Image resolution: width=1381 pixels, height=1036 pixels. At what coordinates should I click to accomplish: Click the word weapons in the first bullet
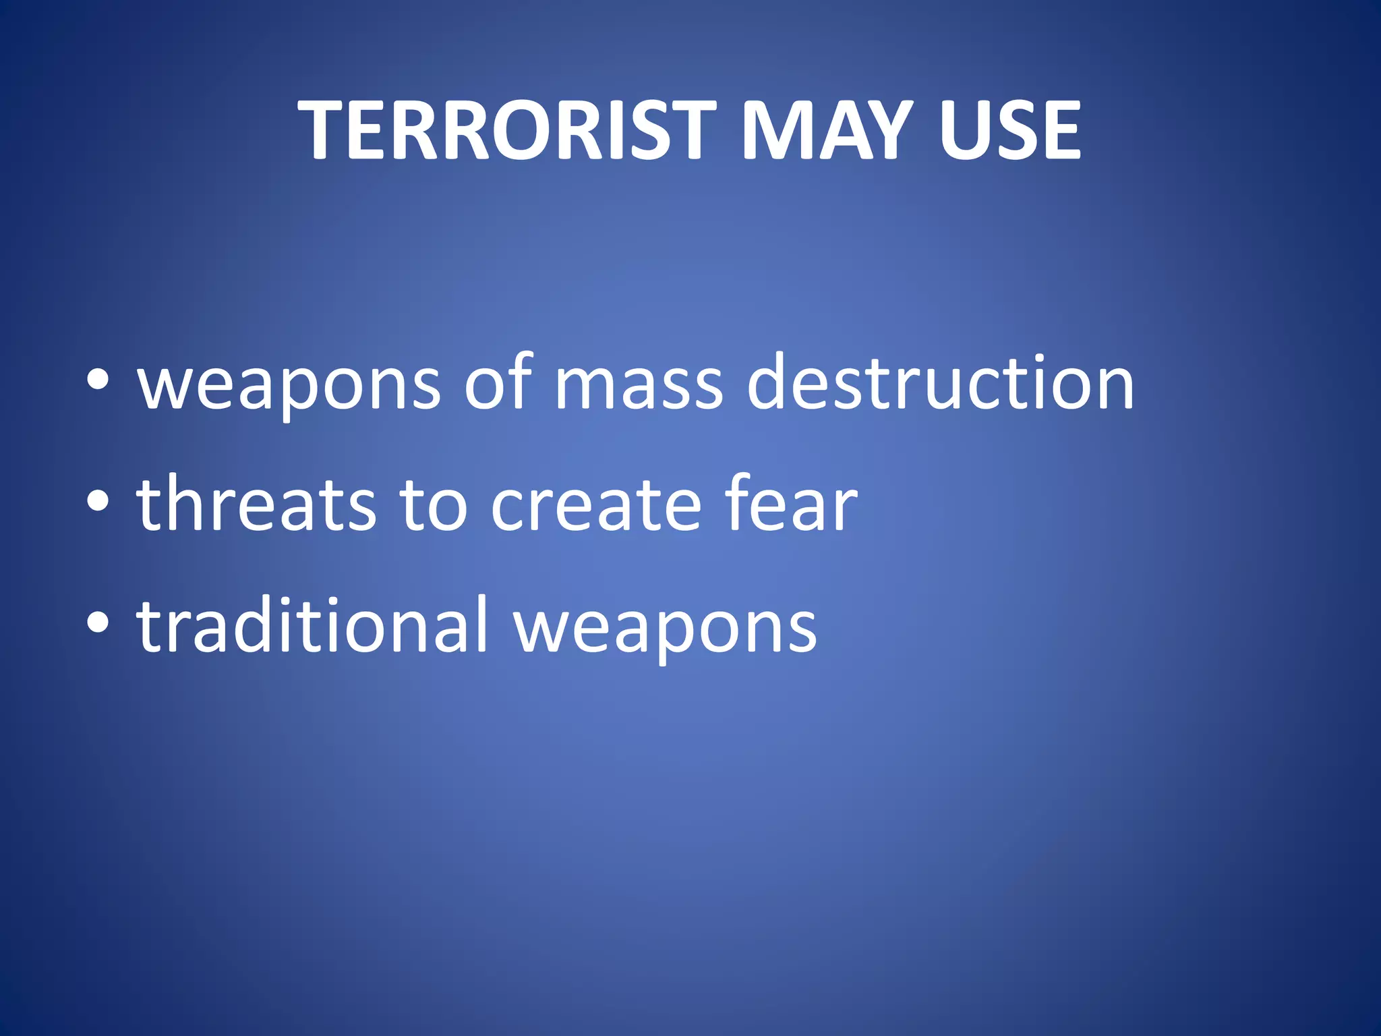coord(289,384)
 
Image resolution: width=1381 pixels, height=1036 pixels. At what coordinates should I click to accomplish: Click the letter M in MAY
coord(776,130)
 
